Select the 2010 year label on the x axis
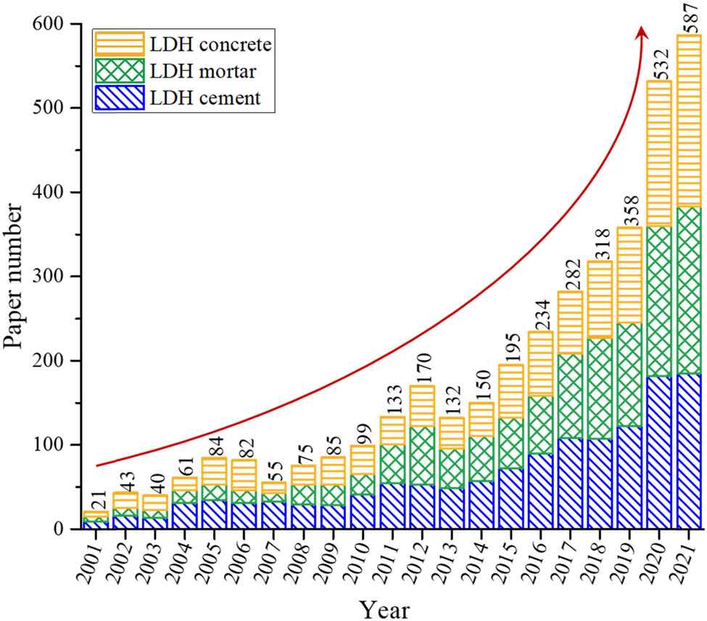(x=355, y=559)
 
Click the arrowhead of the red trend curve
(x=642, y=30)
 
